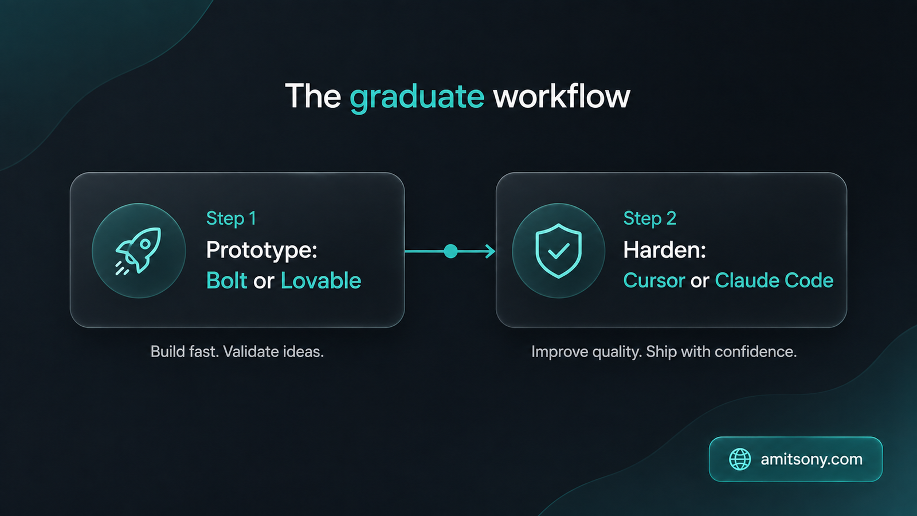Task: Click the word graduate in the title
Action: coord(417,97)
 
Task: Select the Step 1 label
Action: coord(232,218)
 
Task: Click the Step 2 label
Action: coord(650,218)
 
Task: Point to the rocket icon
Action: coord(138,251)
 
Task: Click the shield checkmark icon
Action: coord(558,251)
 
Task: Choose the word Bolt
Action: coord(226,280)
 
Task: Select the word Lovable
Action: coord(321,280)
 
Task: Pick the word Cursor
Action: coord(654,280)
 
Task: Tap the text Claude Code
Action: coord(774,280)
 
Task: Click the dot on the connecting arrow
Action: coord(450,251)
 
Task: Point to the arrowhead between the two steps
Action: coord(491,251)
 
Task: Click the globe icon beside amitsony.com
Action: coord(740,459)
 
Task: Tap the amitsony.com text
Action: coord(812,459)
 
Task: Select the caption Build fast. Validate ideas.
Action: coord(237,352)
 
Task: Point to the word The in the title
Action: coord(313,96)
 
